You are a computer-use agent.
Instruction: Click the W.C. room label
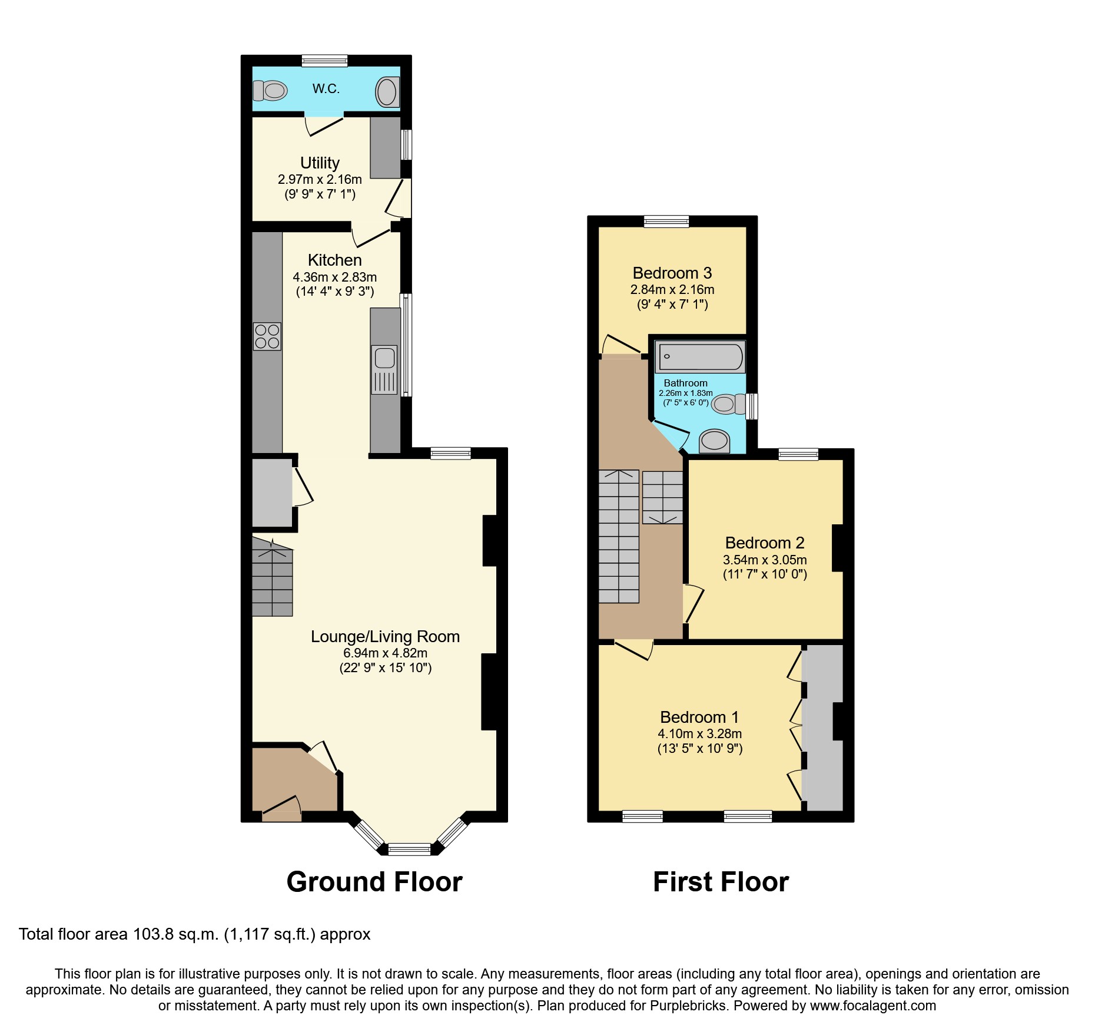[326, 89]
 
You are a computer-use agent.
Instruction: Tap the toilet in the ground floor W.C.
[270, 91]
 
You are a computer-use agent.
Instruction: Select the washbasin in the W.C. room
[387, 92]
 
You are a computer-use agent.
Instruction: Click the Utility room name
[320, 163]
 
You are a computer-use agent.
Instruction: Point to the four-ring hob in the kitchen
[267, 336]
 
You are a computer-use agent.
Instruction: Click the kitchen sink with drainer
[384, 369]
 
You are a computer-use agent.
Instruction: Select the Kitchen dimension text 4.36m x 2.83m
[334, 277]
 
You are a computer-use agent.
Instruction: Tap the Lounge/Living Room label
[385, 637]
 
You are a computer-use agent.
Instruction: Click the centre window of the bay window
[409, 849]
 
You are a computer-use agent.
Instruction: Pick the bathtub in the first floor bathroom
[701, 356]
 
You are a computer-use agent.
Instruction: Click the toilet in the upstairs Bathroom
[728, 405]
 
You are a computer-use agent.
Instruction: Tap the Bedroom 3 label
[672, 273]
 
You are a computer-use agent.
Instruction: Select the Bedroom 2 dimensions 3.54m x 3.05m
[764, 560]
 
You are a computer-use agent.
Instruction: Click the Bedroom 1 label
[699, 718]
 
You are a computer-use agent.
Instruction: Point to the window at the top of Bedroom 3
[666, 222]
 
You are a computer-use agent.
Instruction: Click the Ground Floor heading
[374, 882]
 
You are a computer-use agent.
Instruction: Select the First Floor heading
[721, 882]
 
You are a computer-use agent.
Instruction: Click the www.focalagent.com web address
[872, 1006]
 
